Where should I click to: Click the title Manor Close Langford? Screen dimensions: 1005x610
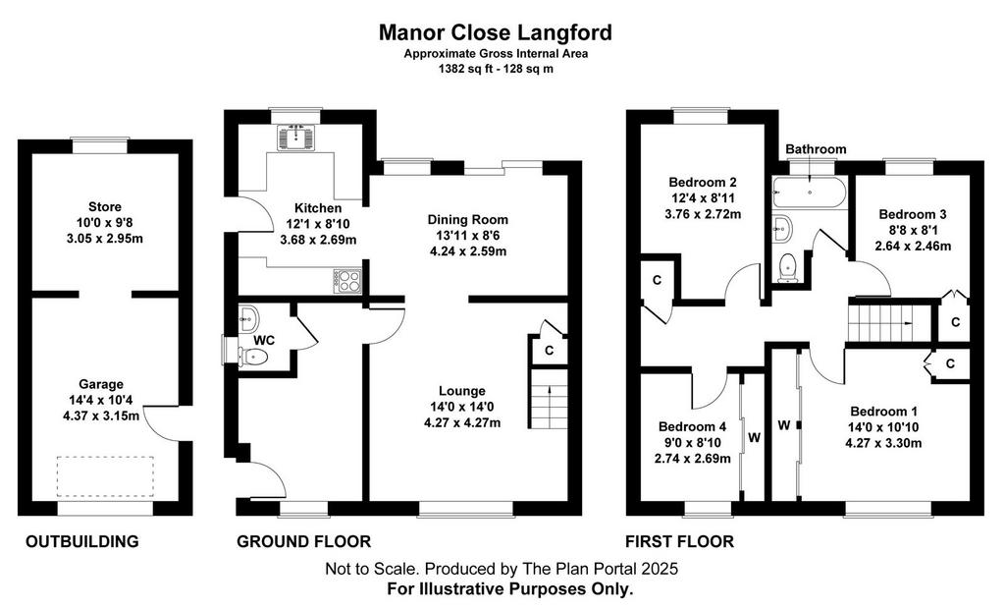pyautogui.click(x=495, y=32)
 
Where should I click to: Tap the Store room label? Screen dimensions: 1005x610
pyautogui.click(x=104, y=206)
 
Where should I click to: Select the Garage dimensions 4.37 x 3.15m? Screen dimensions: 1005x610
pyautogui.click(x=101, y=415)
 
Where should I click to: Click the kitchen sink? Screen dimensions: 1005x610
pyautogui.click(x=296, y=138)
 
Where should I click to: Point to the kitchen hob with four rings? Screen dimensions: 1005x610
pyautogui.click(x=347, y=281)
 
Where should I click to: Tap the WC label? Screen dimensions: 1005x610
pyautogui.click(x=263, y=340)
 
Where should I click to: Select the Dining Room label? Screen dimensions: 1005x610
pyautogui.click(x=468, y=219)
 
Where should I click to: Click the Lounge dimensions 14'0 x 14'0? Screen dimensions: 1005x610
pyautogui.click(x=462, y=407)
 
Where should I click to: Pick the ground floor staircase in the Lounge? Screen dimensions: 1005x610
pyautogui.click(x=549, y=399)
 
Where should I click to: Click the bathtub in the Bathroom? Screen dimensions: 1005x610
pyautogui.click(x=810, y=192)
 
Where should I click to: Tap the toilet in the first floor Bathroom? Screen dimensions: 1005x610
pyautogui.click(x=786, y=267)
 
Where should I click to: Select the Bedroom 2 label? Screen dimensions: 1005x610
pyautogui.click(x=703, y=182)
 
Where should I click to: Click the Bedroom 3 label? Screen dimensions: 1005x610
pyautogui.click(x=913, y=214)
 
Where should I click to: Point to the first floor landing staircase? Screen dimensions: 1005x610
pyautogui.click(x=889, y=323)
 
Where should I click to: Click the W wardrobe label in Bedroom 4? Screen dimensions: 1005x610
pyautogui.click(x=755, y=437)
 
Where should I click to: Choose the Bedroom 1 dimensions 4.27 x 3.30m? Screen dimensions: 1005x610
pyautogui.click(x=884, y=443)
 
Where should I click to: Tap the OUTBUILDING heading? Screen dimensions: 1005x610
pyautogui.click(x=82, y=541)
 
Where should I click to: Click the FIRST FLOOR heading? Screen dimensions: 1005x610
pyautogui.click(x=679, y=541)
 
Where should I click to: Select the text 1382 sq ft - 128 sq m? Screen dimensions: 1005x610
pyautogui.click(x=496, y=69)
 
